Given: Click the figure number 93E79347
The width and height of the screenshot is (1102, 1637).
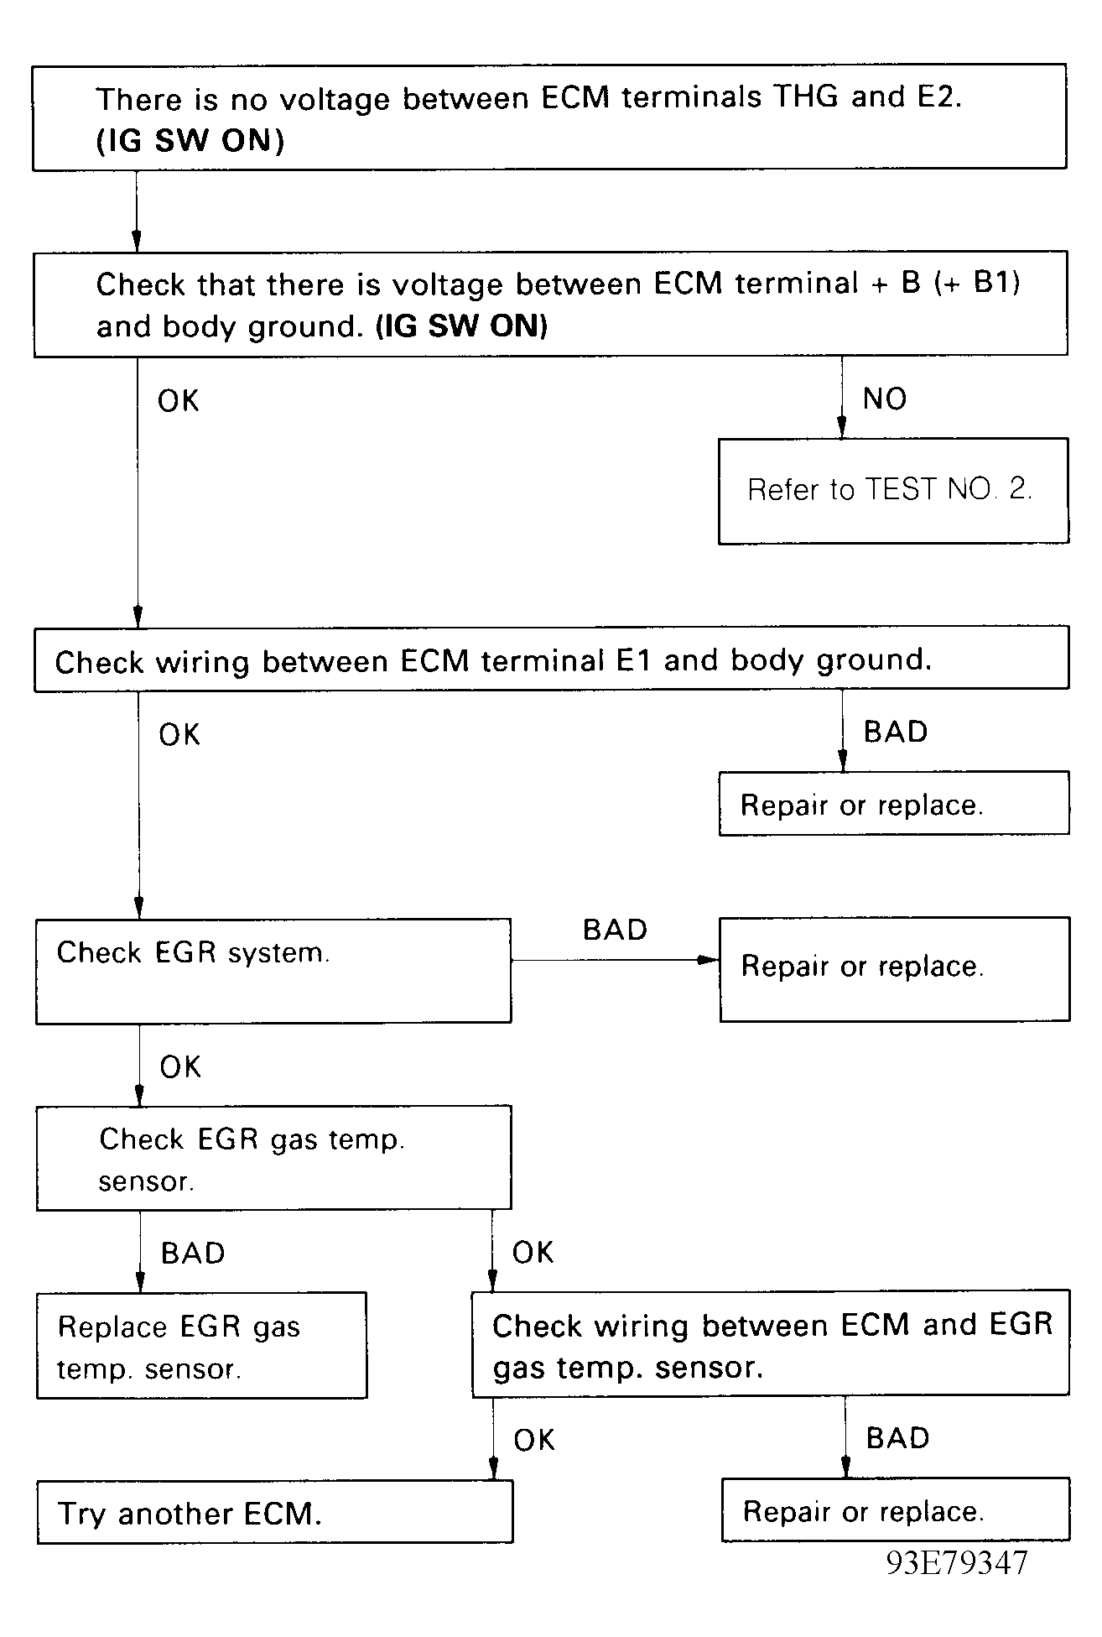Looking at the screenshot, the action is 957,1562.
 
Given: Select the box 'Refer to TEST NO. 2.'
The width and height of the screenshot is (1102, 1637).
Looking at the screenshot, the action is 894,491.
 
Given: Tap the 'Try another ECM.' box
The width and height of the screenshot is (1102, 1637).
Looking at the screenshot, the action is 275,1512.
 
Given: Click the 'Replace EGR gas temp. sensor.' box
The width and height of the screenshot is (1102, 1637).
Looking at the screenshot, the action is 202,1345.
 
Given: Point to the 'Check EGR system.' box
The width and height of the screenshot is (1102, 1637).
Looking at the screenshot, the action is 273,971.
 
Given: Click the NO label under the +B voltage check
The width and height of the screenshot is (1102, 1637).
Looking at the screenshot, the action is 885,399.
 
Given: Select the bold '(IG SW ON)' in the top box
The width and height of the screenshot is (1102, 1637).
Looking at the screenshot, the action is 190,140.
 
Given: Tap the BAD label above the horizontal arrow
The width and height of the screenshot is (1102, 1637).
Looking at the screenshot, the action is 615,930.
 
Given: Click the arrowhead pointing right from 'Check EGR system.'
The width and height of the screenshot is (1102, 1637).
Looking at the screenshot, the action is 710,960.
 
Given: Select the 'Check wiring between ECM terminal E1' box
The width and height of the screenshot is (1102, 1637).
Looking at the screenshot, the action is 552,659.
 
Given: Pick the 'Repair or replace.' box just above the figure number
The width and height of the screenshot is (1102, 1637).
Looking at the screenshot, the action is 896,1509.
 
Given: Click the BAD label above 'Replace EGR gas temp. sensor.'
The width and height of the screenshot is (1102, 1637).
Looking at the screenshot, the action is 193,1253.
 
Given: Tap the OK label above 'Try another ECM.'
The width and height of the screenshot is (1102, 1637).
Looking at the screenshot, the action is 534,1441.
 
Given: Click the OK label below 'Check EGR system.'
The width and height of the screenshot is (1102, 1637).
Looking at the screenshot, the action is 180,1067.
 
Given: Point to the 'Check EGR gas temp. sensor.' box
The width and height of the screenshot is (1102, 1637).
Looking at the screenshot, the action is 273,1158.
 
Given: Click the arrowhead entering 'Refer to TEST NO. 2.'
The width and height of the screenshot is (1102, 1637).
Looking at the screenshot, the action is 842,428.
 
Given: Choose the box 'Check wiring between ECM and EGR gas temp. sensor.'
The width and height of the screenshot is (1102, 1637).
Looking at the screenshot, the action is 771,1343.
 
